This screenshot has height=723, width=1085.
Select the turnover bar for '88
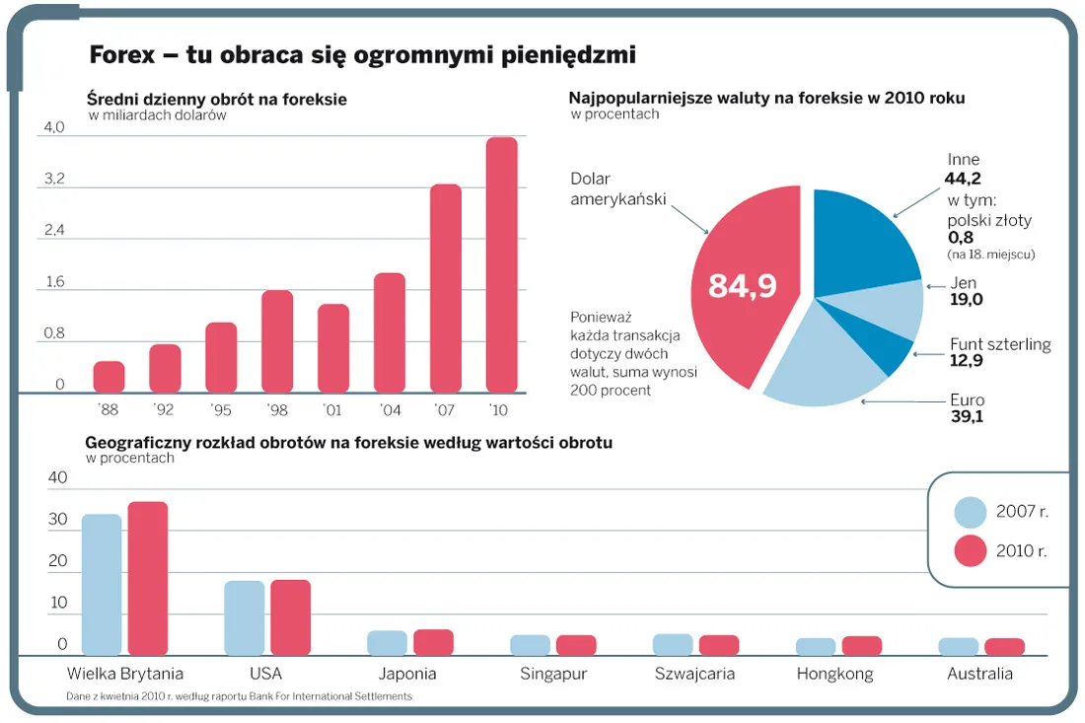[x=108, y=377]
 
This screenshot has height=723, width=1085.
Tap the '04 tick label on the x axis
[x=390, y=408]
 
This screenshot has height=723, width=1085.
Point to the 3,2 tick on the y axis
[x=54, y=179]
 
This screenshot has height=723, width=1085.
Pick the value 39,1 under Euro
[x=967, y=416]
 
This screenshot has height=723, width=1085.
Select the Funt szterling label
[x=999, y=344]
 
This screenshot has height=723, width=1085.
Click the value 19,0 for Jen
[x=967, y=300]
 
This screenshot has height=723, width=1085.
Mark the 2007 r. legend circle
[x=971, y=512]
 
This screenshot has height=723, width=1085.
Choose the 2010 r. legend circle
[x=971, y=550]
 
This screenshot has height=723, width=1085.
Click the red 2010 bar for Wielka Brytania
[x=148, y=579]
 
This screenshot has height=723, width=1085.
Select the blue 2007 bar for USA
[x=244, y=618]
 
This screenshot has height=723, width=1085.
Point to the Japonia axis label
[x=407, y=675]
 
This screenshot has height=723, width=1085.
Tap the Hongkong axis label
[x=834, y=675]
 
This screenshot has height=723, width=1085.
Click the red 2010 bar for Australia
[x=1004, y=647]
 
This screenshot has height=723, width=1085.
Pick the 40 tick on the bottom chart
[x=58, y=478]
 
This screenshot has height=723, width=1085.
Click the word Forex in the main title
[x=122, y=55]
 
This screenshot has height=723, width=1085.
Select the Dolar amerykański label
[x=617, y=189]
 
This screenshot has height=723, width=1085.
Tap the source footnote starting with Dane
[x=240, y=696]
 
